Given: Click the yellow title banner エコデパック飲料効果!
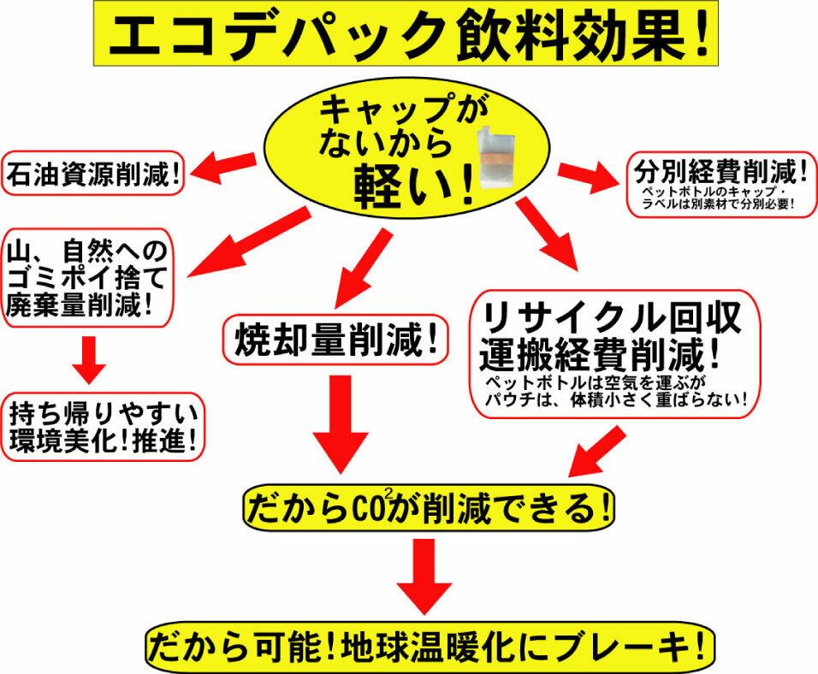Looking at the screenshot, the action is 406,33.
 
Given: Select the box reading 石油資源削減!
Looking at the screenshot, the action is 93,174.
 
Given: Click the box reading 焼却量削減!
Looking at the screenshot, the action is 335,339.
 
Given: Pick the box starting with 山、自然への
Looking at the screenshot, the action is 87,277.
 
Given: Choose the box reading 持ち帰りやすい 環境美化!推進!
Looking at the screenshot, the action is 103,428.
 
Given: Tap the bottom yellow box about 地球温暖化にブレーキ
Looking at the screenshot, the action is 429,647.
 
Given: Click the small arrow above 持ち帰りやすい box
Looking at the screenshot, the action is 89,360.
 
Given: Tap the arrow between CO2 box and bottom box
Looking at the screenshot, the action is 424,576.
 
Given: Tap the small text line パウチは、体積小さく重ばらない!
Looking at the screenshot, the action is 616,400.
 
